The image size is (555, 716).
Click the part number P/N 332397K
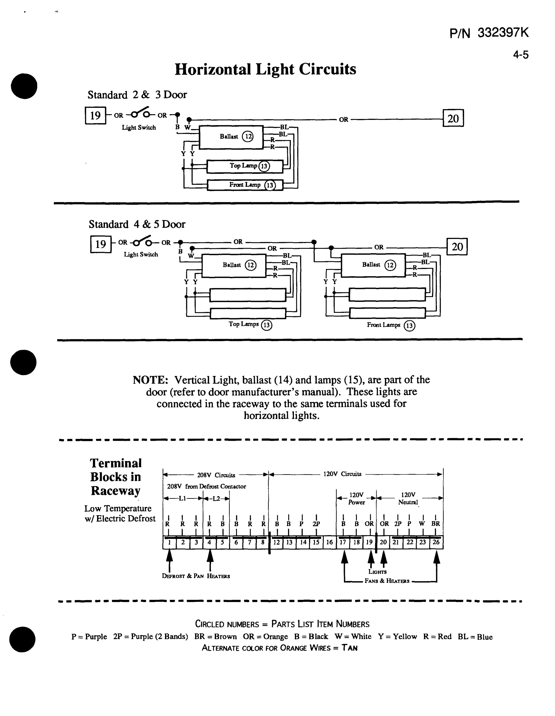pyautogui.click(x=489, y=33)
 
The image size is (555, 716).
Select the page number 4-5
pyautogui.click(x=521, y=55)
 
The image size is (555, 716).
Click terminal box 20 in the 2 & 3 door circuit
pyautogui.click(x=453, y=118)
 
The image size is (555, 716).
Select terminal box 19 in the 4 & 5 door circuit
pyautogui.click(x=101, y=244)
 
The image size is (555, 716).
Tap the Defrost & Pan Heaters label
pyautogui.click(x=196, y=576)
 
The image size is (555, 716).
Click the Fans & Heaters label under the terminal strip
pyautogui.click(x=387, y=581)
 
